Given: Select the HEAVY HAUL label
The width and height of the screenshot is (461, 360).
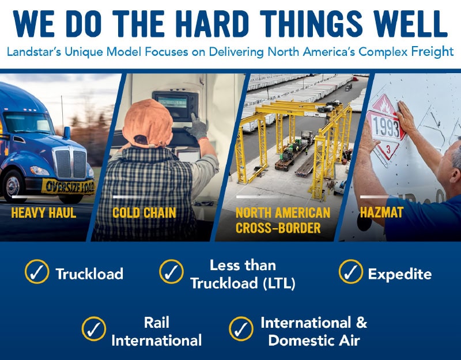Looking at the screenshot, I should point(43,213).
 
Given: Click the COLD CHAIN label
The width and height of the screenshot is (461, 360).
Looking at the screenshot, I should point(145,213).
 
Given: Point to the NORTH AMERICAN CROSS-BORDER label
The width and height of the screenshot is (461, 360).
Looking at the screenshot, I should point(282,220).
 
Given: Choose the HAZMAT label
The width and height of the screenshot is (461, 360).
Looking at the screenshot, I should point(381,213).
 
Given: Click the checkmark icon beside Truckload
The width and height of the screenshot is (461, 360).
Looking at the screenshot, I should point(36,272).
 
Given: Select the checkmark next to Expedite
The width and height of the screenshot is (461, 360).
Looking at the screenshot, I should point(350,272).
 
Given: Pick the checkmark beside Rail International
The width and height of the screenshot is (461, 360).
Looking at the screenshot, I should point(93,330).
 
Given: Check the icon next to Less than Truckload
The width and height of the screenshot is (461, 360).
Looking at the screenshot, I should point(171,272).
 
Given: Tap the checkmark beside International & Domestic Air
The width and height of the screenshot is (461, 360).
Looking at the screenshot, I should point(241,330).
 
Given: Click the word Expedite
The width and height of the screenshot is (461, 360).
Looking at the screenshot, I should point(399,274).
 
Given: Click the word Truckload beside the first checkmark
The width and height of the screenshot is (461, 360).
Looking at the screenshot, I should point(89,274).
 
